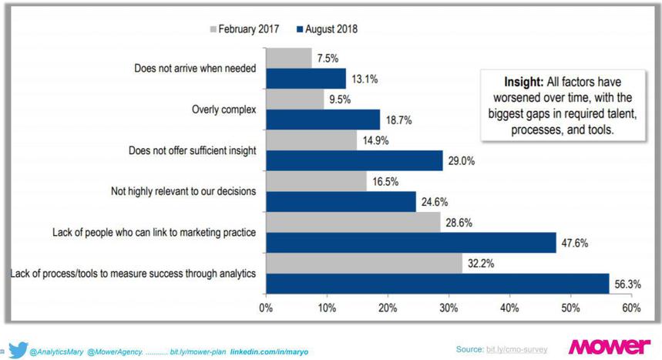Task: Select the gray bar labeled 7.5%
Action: [289, 59]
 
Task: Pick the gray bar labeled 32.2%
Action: [364, 263]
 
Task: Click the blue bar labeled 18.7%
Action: [323, 119]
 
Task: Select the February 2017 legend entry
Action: [245, 29]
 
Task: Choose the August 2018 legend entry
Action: [331, 29]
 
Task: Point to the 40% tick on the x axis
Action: [509, 309]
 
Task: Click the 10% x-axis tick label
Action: [327, 309]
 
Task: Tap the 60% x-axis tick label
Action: [630, 309]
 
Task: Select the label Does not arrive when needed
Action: [195, 68]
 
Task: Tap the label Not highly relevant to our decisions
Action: [182, 191]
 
